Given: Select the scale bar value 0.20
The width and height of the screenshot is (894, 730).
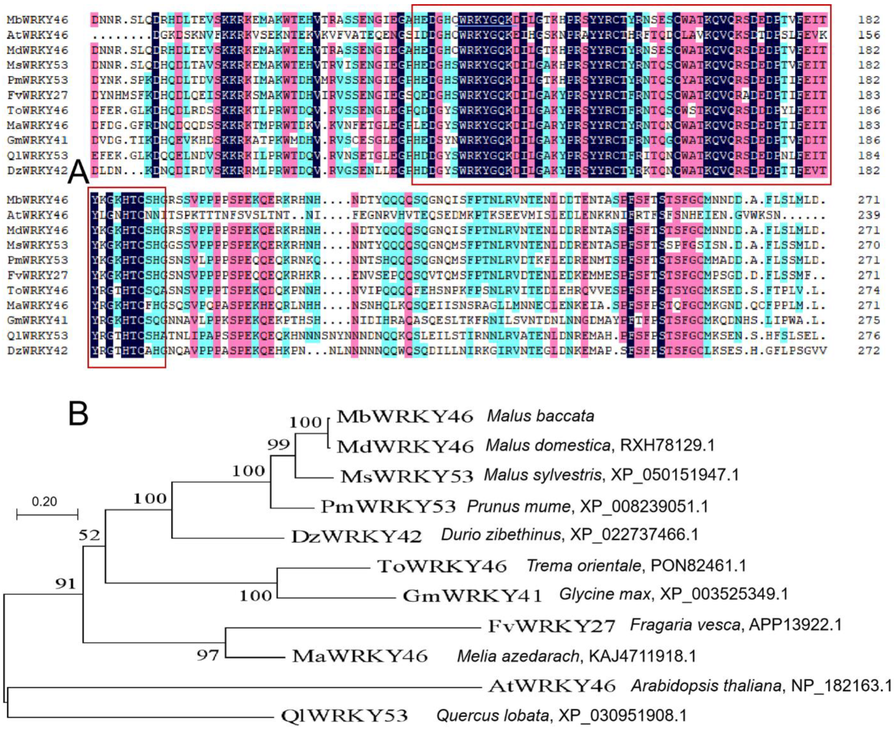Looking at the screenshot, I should click(44, 501).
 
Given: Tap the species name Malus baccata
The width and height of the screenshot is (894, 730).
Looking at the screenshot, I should click(540, 416).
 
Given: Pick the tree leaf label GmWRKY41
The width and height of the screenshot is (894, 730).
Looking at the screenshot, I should click(472, 595).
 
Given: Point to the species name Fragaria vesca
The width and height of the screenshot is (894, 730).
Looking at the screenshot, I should click(685, 625).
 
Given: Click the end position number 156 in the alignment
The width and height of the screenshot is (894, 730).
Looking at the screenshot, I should click(869, 35).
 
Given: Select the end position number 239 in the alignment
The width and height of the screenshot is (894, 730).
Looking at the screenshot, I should click(869, 215).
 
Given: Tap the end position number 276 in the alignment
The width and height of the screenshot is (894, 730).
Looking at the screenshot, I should click(869, 336).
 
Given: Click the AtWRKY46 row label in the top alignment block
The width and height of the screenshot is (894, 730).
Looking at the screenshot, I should click(37, 35).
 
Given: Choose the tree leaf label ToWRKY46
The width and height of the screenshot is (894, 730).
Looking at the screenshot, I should click(442, 566).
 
